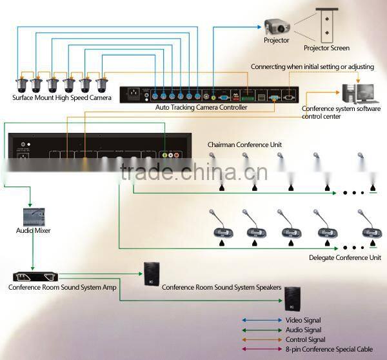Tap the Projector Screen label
(x=326, y=48)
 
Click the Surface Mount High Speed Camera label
(x=62, y=98)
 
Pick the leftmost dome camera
(x=19, y=85)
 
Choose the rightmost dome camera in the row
(x=102, y=85)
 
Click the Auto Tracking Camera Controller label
(x=201, y=107)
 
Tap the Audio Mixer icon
(x=33, y=215)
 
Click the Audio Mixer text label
(x=33, y=230)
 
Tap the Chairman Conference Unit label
(x=244, y=145)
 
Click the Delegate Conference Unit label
(x=345, y=257)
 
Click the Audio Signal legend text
(x=303, y=330)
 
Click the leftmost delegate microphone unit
(x=221, y=226)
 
